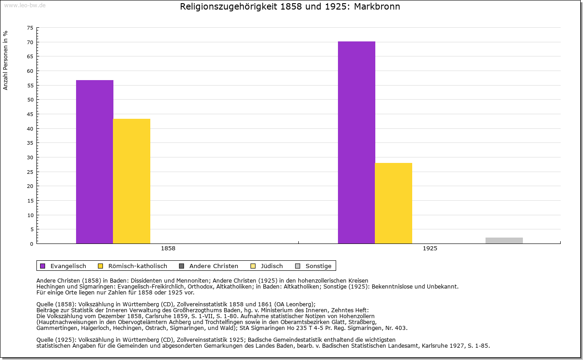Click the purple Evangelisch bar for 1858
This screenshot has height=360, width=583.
click(x=95, y=162)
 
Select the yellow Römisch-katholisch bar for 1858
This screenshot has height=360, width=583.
click(x=132, y=181)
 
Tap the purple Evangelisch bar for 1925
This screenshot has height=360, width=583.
click(x=357, y=142)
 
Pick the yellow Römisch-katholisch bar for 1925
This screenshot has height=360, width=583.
click(x=394, y=203)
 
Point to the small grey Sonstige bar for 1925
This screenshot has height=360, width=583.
click(x=504, y=240)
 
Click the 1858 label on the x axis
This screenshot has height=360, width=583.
click(x=168, y=249)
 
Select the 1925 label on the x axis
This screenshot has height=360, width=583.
click(x=430, y=249)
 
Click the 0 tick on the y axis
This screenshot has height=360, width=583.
click(x=31, y=244)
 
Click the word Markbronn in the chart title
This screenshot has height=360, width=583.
click(x=378, y=7)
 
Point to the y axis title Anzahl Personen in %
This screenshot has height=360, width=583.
click(x=5, y=60)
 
